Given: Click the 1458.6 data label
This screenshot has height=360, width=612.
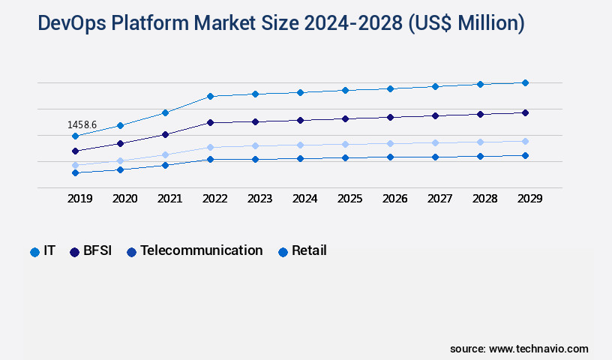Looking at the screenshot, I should coord(82,124).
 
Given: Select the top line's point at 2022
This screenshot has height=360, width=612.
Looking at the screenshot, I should coord(210,96).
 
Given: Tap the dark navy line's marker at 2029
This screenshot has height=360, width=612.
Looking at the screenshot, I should coord(525,112).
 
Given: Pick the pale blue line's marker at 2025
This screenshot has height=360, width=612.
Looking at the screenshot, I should coord(345,144).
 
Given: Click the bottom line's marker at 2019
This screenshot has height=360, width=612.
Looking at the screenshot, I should coord(75,172).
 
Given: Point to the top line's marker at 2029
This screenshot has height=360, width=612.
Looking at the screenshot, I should coord(525,82).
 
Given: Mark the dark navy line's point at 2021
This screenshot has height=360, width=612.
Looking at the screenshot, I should coord(165,134).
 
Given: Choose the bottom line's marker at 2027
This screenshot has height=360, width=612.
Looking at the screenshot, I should coord(435,157).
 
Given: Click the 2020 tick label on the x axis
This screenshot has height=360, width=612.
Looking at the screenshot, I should coord(124,199).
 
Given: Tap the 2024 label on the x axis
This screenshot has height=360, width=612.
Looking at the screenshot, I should coord(304,199).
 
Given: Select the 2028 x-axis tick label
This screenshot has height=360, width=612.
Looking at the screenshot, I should coord(484,199).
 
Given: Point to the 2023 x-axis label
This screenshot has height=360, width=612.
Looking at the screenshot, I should coord(259,199).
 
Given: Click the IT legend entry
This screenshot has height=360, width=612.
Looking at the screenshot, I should coord(43,251).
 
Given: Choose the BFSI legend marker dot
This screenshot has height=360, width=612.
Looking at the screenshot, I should coord(74,252).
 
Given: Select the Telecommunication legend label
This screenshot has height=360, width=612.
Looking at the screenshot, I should coord(201,250).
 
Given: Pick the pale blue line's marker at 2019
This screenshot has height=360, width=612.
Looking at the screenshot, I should coord(75,165).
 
